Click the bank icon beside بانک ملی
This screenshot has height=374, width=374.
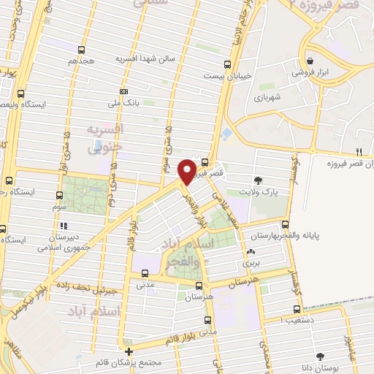123,91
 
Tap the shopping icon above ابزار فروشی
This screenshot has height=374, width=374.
312,61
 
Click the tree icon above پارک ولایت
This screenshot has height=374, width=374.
258,180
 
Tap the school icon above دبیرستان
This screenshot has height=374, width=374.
64,226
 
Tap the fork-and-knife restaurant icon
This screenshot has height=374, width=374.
358,151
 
